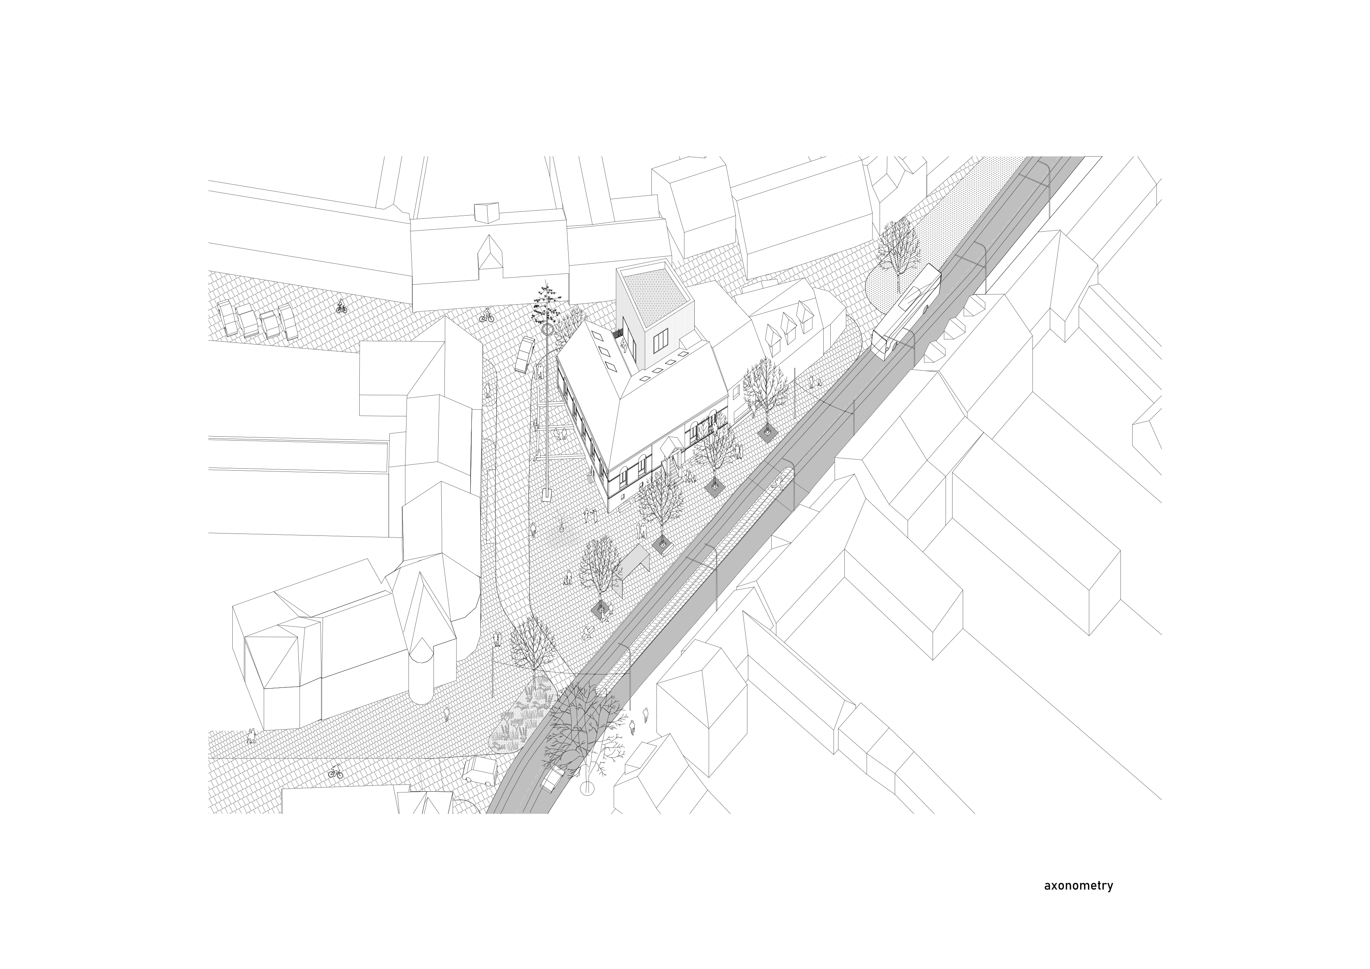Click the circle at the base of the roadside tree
[588, 789]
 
